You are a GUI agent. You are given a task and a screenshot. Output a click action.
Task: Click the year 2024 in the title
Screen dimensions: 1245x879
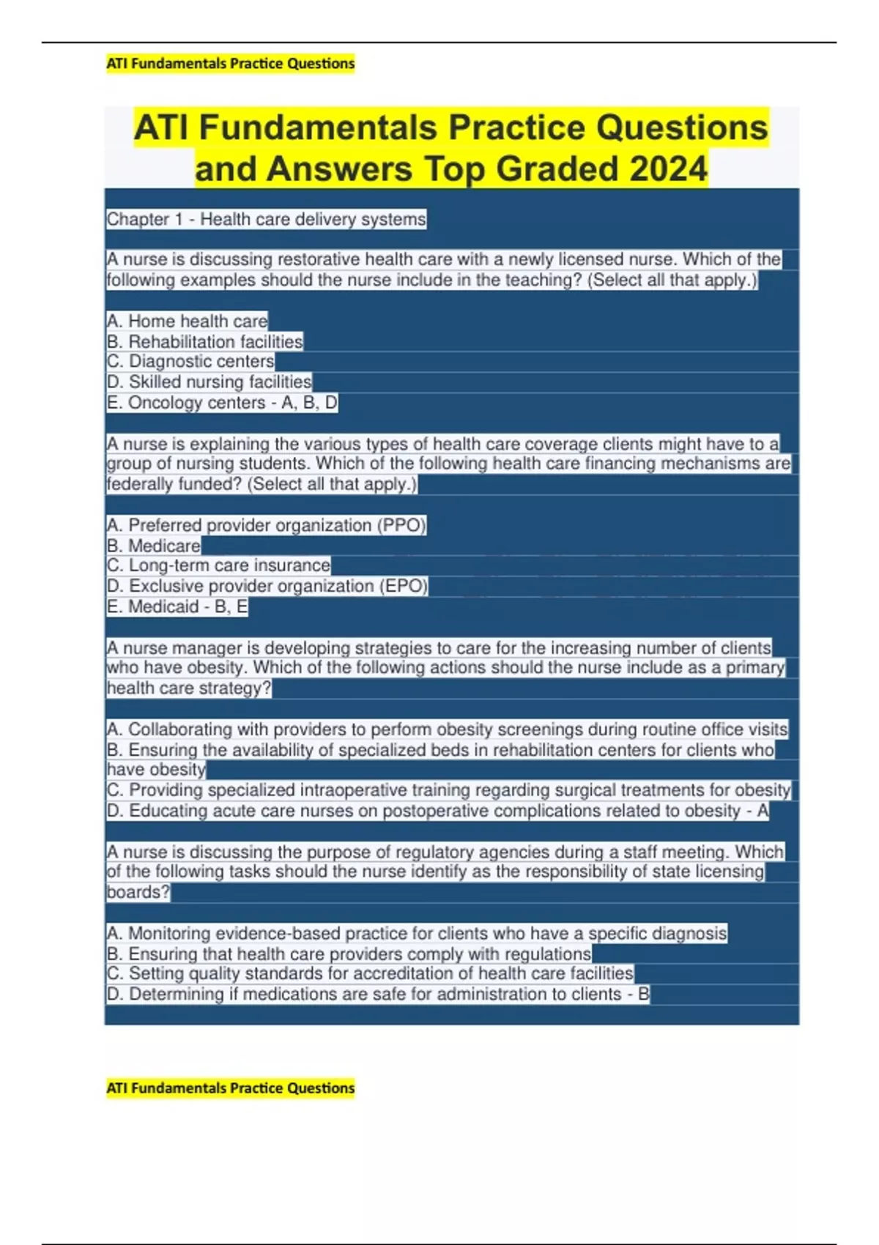coord(668,169)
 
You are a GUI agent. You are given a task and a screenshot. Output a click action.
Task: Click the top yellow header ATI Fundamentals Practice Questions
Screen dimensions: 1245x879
coord(230,64)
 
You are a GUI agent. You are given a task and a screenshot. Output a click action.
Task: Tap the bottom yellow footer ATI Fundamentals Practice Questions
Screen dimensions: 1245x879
coord(230,1088)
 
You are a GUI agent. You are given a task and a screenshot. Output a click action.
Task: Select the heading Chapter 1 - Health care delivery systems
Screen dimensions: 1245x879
coord(266,219)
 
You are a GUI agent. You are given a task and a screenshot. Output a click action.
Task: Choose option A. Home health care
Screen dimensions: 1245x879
coord(187,321)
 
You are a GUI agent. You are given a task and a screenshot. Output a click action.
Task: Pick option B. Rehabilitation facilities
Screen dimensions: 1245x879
coord(204,341)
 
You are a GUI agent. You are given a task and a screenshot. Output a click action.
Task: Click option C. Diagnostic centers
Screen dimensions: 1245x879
coord(190,361)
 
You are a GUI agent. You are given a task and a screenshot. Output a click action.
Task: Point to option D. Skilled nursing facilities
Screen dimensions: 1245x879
coord(209,382)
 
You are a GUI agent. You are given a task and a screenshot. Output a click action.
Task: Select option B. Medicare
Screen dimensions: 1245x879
coord(153,546)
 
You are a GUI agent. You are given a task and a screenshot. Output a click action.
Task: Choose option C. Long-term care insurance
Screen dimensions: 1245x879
coord(218,565)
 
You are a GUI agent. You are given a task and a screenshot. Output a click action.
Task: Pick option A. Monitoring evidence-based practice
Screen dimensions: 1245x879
coord(416,933)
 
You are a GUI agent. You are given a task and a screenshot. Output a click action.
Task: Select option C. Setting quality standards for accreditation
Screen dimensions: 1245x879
coord(370,973)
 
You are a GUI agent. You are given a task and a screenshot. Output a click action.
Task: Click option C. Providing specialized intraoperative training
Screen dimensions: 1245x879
coord(448,790)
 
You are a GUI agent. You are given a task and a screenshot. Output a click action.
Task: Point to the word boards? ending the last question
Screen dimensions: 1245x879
coord(138,892)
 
